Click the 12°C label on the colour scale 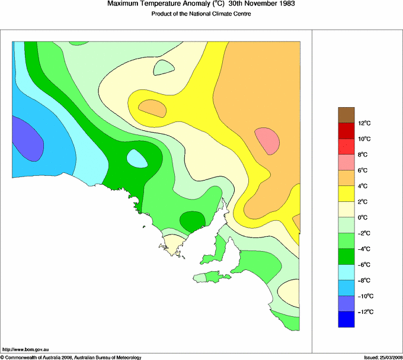click(364, 123)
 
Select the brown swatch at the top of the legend click(346, 115)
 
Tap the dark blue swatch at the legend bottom click(346, 320)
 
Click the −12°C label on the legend click(364, 312)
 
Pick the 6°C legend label click(363, 171)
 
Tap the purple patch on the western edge click(27, 140)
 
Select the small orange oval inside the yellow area click(152, 107)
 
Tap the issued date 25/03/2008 click(388, 357)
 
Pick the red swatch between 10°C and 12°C click(346, 131)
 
